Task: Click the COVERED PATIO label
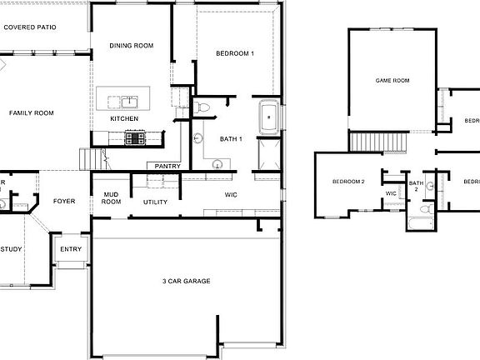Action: tap(31, 27)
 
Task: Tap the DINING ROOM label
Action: tap(132, 46)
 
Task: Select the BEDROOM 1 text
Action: tap(235, 53)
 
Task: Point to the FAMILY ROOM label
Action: tap(32, 112)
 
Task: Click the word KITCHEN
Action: tap(124, 119)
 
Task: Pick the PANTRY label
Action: tap(167, 166)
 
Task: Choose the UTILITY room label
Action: tap(155, 202)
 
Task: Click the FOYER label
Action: tap(64, 202)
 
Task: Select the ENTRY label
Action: tap(71, 248)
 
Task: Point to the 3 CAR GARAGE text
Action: tap(186, 281)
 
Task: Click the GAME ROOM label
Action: tap(392, 81)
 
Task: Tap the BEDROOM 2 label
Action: tap(348, 182)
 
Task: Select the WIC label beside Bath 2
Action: tap(391, 193)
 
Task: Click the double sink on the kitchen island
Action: tap(129, 102)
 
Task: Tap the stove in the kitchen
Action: tap(134, 138)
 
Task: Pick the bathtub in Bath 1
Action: tap(268, 116)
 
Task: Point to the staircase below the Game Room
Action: tap(364, 142)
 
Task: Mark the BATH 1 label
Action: tap(231, 139)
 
